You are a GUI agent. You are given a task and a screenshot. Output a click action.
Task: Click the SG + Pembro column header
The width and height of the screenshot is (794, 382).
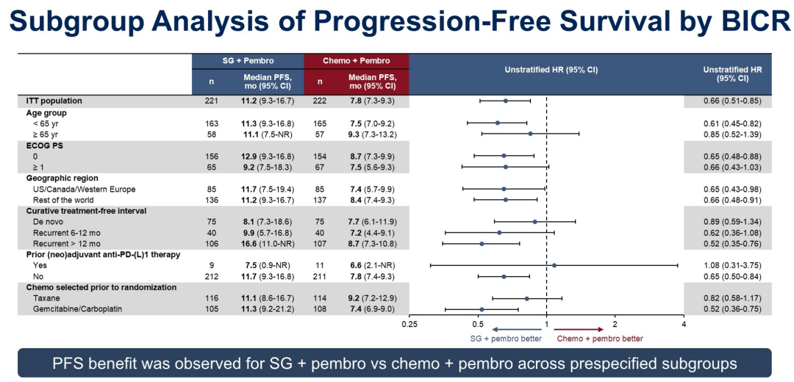[x=248, y=60]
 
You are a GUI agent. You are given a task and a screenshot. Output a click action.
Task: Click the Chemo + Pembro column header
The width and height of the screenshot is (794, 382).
[x=356, y=60]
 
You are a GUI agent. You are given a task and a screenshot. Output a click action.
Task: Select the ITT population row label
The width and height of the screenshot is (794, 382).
[x=54, y=101]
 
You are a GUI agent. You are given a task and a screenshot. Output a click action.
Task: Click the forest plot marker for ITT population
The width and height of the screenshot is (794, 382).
[x=506, y=101]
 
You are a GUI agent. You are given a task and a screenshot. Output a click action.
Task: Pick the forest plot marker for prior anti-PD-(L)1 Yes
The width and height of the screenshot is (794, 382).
[x=554, y=265]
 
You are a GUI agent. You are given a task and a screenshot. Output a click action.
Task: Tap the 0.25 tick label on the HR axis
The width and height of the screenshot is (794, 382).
[x=409, y=324]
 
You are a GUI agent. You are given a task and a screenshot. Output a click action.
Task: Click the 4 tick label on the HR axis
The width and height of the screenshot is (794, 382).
[x=684, y=324]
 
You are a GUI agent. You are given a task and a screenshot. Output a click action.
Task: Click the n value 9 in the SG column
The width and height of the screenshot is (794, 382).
[x=212, y=265]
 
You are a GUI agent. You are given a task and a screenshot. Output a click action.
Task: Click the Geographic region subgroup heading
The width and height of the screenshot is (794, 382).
[x=62, y=178]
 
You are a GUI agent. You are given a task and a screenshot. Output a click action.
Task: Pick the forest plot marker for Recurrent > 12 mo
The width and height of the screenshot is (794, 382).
[x=482, y=243]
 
